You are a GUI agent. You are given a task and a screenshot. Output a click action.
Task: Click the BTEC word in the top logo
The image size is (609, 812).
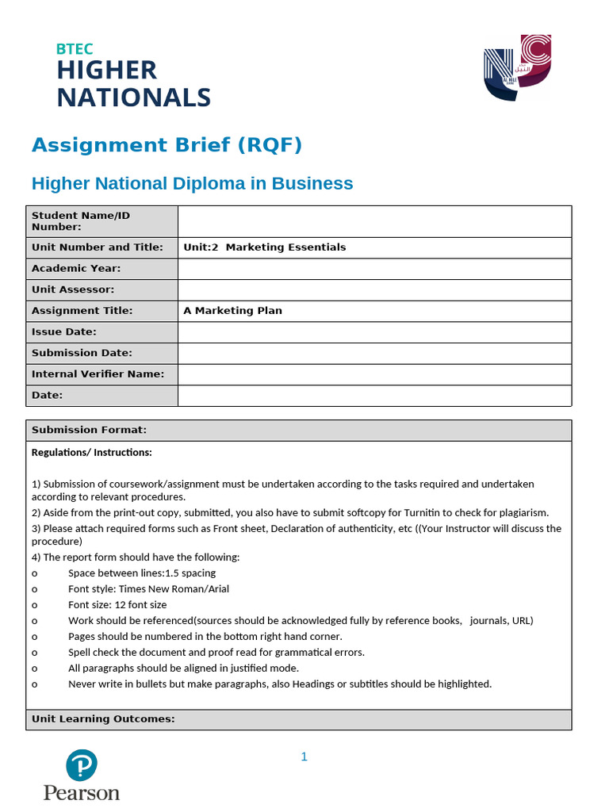(x=75, y=49)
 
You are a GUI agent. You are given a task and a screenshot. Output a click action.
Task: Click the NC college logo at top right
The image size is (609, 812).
(x=516, y=68)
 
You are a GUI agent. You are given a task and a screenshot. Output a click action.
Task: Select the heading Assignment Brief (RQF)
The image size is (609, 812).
(x=167, y=145)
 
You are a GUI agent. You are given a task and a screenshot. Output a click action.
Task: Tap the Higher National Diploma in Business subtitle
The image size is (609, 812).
(x=192, y=184)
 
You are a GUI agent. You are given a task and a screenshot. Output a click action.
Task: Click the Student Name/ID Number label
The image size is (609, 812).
(x=81, y=221)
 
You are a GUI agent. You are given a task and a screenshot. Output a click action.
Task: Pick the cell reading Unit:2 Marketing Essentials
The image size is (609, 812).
(x=265, y=247)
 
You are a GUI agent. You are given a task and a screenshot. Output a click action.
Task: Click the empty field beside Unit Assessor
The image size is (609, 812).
(x=374, y=290)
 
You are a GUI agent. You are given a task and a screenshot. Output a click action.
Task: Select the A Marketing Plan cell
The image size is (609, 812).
(x=233, y=311)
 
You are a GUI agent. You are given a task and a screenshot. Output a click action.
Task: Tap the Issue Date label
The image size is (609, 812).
(x=64, y=332)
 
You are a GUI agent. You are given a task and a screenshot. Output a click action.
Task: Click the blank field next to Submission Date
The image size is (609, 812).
(x=374, y=353)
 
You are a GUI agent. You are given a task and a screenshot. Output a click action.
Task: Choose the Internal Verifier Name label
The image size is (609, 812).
(x=98, y=374)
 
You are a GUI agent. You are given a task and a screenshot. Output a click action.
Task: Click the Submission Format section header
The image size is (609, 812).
(x=89, y=431)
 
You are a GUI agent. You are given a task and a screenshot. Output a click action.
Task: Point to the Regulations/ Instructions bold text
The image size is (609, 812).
(x=91, y=453)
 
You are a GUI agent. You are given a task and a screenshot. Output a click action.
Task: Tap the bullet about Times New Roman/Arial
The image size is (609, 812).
(x=148, y=589)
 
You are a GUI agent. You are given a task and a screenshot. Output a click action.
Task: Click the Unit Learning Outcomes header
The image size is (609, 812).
(x=103, y=719)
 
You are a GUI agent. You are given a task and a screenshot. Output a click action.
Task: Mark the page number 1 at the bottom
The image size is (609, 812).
(x=304, y=757)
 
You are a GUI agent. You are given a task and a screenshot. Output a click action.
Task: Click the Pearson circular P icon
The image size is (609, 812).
(x=81, y=764)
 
